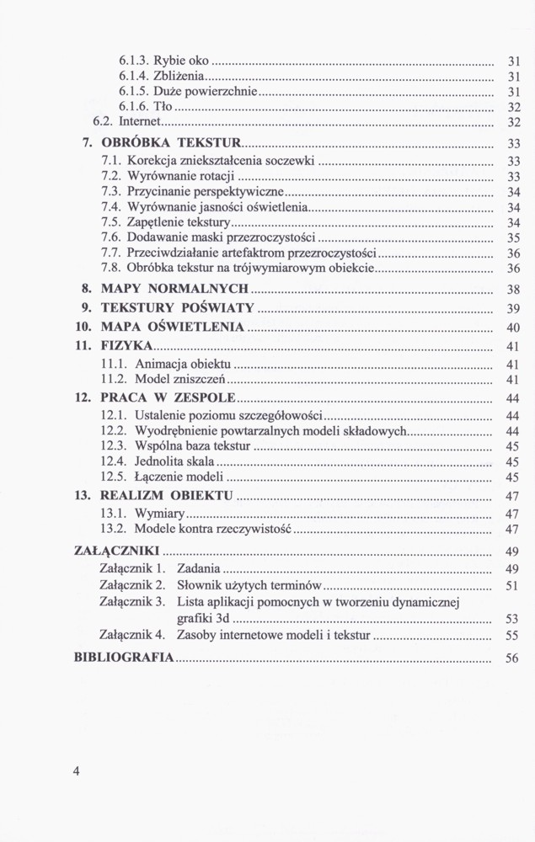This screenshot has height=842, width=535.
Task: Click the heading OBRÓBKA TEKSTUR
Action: click(x=171, y=142)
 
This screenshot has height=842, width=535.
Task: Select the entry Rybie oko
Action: click(x=175, y=61)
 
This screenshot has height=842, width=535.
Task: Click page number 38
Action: click(x=512, y=290)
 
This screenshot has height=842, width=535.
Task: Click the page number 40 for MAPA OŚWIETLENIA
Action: click(x=512, y=328)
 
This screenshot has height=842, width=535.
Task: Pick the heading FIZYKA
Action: click(x=126, y=346)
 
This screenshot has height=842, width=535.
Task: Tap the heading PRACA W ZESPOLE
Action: click(x=168, y=397)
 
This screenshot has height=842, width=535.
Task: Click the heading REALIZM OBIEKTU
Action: click(x=164, y=495)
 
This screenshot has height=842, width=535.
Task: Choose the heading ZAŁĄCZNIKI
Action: click(x=116, y=551)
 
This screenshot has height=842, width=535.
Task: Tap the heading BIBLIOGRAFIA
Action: click(x=125, y=658)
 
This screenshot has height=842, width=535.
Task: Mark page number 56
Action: click(x=512, y=658)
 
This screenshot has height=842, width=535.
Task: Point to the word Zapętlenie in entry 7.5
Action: click(x=155, y=222)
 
